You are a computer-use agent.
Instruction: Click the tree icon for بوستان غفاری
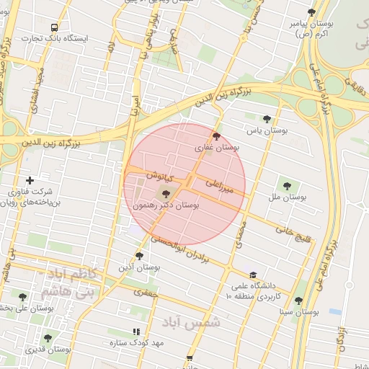click(216, 136)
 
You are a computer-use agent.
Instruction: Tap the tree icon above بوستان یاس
click(267, 119)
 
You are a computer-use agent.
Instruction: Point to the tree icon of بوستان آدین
click(139, 256)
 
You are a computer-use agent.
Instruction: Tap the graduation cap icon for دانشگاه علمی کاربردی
click(252, 275)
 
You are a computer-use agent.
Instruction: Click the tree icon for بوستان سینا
click(298, 301)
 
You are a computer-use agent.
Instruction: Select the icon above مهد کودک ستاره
click(136, 332)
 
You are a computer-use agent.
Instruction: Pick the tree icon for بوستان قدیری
click(48, 338)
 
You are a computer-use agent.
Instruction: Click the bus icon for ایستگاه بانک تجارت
click(54, 27)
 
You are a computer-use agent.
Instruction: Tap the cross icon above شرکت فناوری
click(30, 180)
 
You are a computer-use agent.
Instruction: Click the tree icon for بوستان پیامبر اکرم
click(311, 12)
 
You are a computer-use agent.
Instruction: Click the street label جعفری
click(146, 293)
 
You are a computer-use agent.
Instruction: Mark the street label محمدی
click(241, 234)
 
